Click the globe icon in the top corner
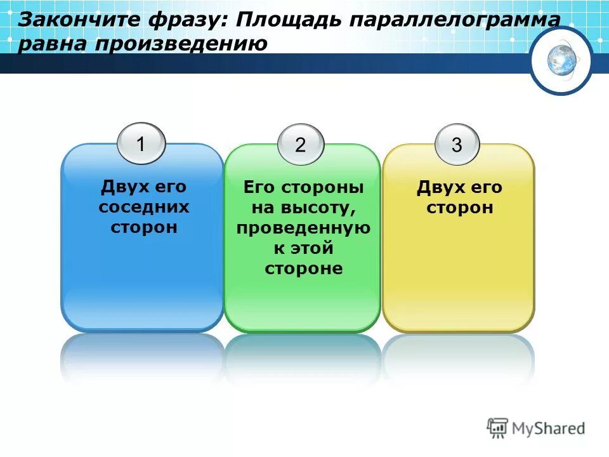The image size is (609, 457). (x=561, y=61)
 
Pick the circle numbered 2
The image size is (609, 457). (x=300, y=144)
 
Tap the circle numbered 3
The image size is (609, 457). (x=457, y=144)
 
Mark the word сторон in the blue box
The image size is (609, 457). (x=144, y=227)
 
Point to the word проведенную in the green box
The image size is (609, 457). (x=303, y=228)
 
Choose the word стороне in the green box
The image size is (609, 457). (x=303, y=268)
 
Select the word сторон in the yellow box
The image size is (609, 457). (x=459, y=208)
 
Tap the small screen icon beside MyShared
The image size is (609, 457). (x=498, y=427)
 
